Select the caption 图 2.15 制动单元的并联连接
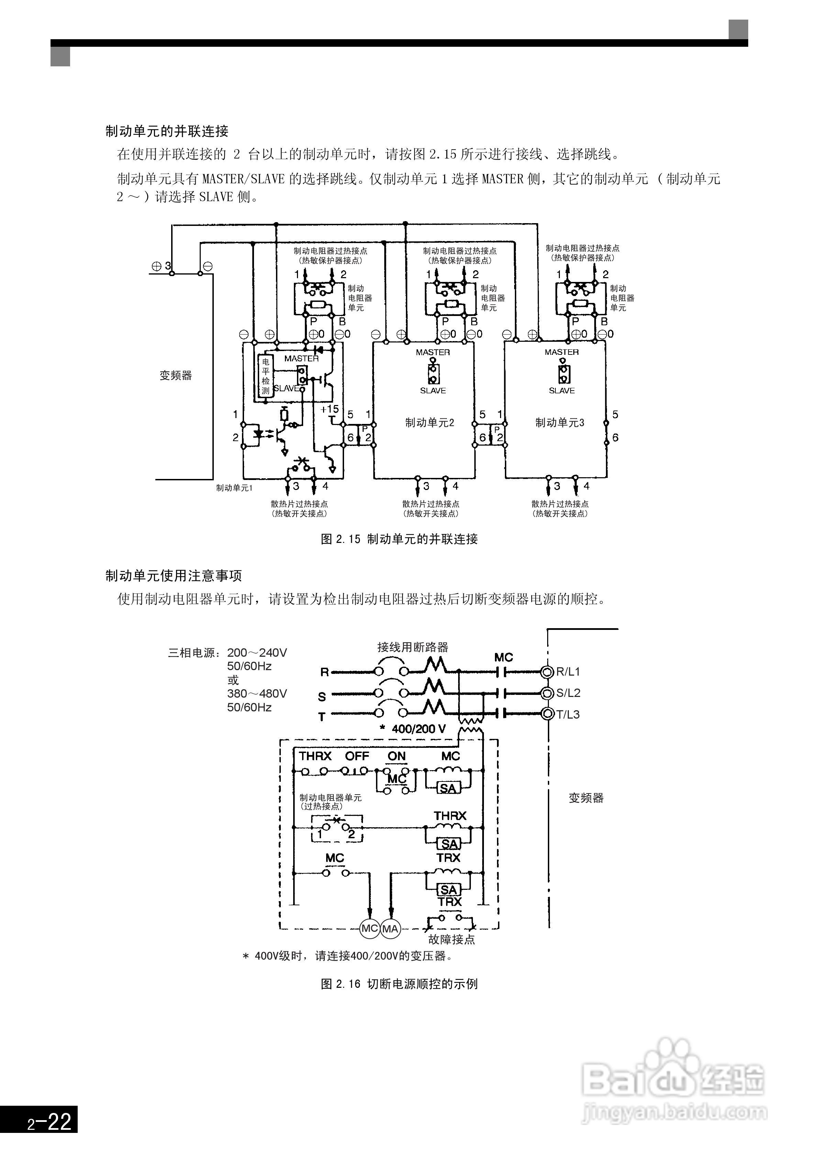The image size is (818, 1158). (x=399, y=539)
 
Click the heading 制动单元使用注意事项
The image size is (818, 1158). (x=174, y=576)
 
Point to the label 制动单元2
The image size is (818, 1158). (x=430, y=423)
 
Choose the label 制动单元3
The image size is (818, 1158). (x=560, y=423)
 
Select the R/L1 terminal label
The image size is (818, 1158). (x=568, y=672)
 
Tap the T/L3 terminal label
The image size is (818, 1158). (x=568, y=715)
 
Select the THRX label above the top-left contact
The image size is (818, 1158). (x=315, y=756)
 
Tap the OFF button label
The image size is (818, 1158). (x=357, y=756)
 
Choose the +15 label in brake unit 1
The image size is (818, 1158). (x=330, y=409)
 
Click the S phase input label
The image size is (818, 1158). (x=322, y=697)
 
